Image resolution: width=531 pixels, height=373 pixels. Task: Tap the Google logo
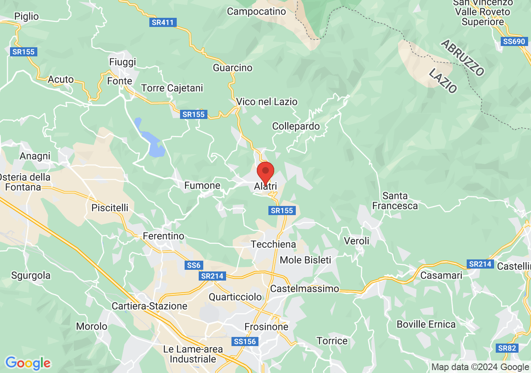28,363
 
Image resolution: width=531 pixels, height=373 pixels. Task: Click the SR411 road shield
163,22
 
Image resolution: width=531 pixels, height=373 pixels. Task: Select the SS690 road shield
514,41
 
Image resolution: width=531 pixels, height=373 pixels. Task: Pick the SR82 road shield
507,348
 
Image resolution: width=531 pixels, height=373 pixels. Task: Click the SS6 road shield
194,265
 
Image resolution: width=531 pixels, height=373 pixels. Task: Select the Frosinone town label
266,327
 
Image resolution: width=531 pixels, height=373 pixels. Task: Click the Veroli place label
356,241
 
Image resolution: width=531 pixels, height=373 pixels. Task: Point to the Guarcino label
233,68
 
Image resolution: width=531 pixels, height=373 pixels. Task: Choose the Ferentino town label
163,236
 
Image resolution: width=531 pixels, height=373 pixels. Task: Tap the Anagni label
35,156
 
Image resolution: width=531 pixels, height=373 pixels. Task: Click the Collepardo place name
296,126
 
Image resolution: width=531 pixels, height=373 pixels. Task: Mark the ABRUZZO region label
463,58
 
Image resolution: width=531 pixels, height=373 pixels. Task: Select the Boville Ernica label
426,324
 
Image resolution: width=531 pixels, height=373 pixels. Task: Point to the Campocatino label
256,12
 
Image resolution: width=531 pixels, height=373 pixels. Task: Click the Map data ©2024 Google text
480,367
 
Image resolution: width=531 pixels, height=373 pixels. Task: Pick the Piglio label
26,17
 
